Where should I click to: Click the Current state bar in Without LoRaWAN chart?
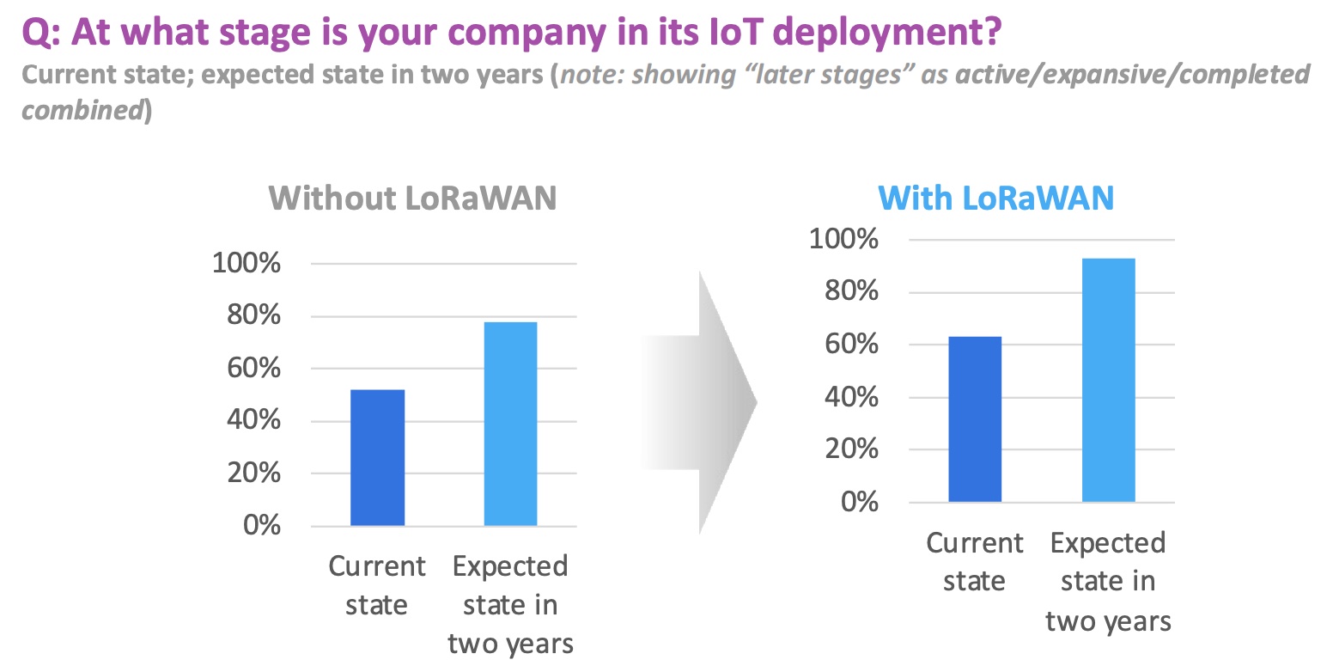tap(377, 457)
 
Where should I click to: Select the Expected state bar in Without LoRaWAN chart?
tap(510, 424)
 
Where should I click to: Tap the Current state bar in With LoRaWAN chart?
tap(975, 418)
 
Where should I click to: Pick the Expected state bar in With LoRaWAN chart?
tap(1108, 380)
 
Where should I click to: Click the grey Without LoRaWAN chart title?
tap(412, 199)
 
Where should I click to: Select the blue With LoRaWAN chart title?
tap(996, 199)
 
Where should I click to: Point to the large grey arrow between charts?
tap(700, 402)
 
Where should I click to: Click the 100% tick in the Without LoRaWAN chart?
tap(247, 263)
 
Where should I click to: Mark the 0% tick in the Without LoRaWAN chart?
tap(262, 525)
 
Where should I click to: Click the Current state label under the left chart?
tap(377, 585)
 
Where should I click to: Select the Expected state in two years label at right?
tap(1108, 582)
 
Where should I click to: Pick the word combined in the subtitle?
tap(82, 111)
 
